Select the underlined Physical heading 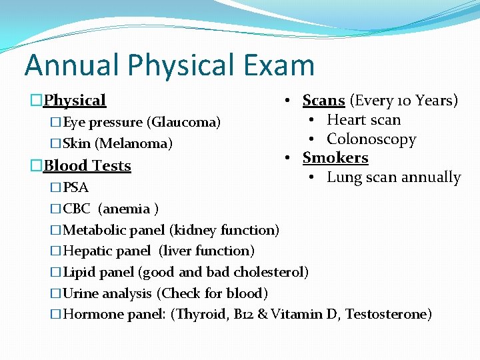point(75,101)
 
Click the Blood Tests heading point(87,165)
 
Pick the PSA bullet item point(75,187)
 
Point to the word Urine point(80,293)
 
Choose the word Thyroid point(198,314)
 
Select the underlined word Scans point(323,101)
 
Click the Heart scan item point(363,120)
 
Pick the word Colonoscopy point(371,139)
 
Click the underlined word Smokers point(335,158)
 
